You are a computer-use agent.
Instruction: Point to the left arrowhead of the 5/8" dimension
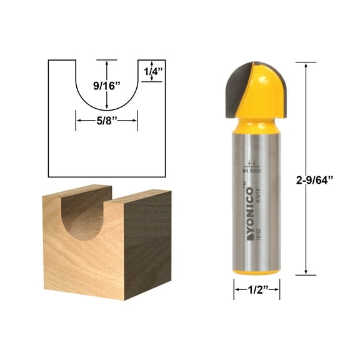pos(78,121)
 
